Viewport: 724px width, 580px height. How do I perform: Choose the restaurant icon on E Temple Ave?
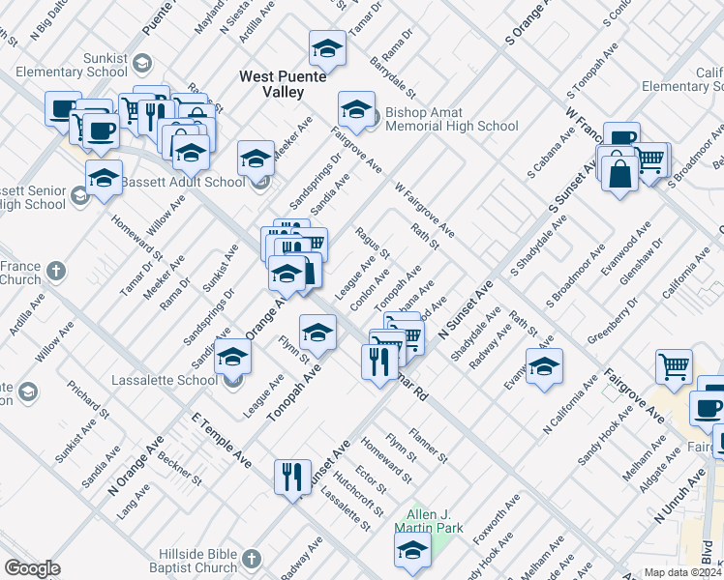click(290, 476)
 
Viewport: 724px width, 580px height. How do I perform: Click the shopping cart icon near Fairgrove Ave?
click(674, 365)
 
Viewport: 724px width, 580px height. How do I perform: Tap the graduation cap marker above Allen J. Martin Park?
click(411, 549)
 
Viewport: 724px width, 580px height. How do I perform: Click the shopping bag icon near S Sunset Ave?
click(619, 173)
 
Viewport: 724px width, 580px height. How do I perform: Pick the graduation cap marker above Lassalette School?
click(232, 357)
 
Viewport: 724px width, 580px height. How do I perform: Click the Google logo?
click(32, 568)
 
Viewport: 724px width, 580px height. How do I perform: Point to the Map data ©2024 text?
click(681, 572)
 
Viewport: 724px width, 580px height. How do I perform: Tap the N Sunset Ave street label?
click(466, 308)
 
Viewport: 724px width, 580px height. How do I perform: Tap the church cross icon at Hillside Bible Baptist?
click(251, 560)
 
